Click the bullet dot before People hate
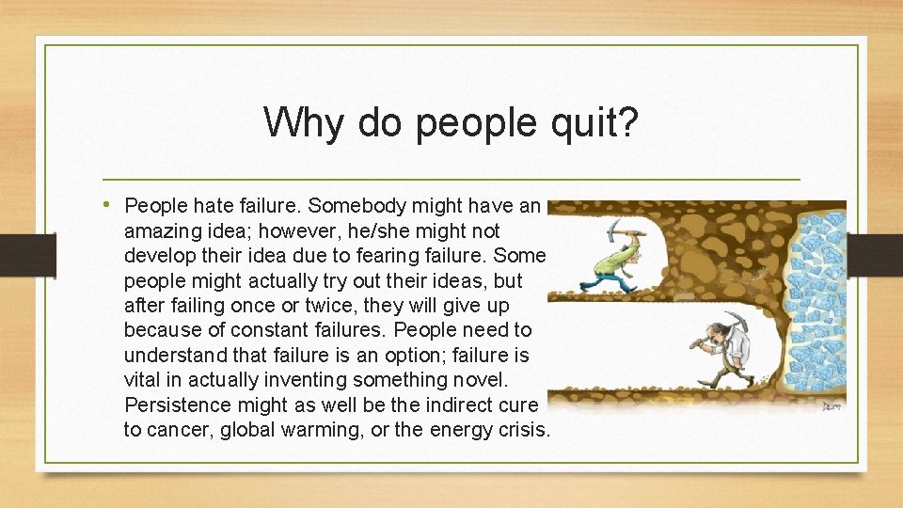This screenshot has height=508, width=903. [112, 204]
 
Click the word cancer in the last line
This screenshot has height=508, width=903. [179, 430]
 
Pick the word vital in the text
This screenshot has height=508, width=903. [140, 380]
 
